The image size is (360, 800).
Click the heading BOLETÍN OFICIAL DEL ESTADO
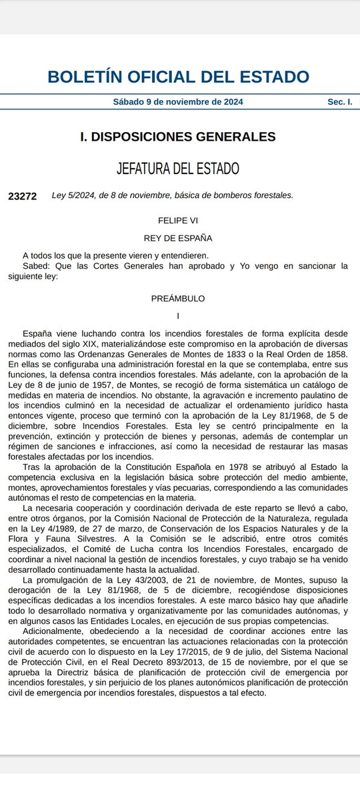tap(178, 76)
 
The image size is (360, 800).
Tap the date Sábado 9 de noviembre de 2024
tap(178, 102)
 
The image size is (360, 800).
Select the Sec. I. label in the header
tap(339, 102)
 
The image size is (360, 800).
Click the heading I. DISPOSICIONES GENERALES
tap(177, 137)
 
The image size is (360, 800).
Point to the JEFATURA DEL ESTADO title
tap(178, 168)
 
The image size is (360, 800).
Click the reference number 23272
tap(23, 196)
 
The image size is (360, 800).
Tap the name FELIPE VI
tap(178, 219)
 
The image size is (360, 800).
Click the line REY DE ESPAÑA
tap(178, 237)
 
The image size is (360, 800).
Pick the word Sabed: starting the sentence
tap(37, 265)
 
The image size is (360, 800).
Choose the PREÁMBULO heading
tap(178, 298)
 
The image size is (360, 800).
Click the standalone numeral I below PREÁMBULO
tap(178, 315)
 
